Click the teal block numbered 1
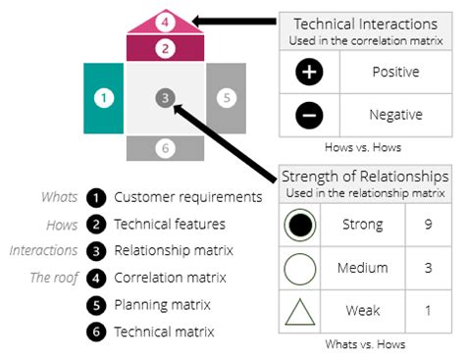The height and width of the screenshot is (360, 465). click(104, 98)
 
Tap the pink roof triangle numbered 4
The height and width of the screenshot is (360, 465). click(166, 21)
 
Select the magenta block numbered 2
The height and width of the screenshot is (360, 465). click(166, 47)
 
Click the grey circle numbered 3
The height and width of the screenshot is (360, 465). click(166, 97)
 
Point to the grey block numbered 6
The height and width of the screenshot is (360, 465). click(166, 148)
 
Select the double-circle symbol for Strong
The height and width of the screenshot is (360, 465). click(300, 226)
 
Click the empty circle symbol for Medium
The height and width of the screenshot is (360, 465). click(300, 268)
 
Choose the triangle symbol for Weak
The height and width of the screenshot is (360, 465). click(300, 311)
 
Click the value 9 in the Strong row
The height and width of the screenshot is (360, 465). click(428, 226)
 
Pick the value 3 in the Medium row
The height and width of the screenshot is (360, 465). click(428, 268)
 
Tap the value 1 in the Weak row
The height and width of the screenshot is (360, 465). click(428, 311)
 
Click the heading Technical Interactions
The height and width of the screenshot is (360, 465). click(364, 23)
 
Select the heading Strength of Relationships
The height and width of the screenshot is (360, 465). click(364, 177)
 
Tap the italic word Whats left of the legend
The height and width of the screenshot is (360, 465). click(59, 197)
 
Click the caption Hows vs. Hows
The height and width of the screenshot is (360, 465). click(364, 146)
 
